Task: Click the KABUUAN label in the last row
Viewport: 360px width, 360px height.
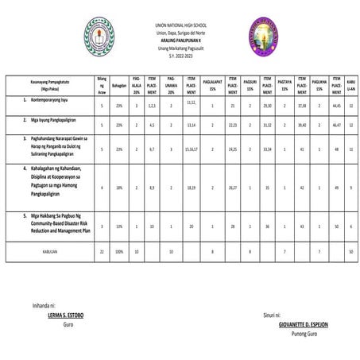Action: [50, 250]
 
